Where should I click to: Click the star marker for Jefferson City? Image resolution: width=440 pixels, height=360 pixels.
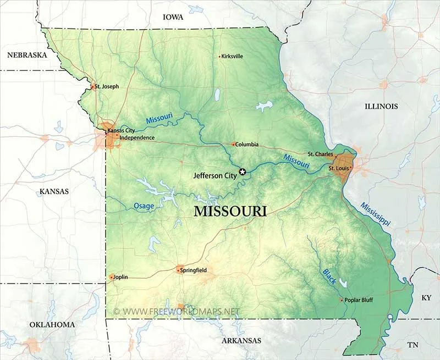coord(243,172)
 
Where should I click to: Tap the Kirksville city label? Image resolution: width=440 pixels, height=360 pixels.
coord(232,56)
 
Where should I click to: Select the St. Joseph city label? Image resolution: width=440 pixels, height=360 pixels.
coord(107,86)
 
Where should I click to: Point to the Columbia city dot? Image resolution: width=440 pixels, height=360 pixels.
coord(233,145)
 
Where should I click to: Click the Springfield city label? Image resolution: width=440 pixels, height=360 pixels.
coord(194,270)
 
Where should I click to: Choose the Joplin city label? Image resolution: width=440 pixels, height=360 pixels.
coord(120,277)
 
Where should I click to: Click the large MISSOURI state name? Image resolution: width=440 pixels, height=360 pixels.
coord(230,212)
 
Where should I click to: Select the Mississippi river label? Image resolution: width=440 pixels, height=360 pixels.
coord(375,215)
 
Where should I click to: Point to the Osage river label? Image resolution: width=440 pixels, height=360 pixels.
coord(144,206)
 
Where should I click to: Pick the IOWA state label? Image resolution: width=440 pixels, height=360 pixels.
coord(173,18)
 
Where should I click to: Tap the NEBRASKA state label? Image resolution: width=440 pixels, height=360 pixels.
coord(26,55)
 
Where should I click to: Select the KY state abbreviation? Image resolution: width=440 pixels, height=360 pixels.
coord(426,297)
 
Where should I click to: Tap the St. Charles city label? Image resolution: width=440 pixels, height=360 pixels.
coord(320,154)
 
